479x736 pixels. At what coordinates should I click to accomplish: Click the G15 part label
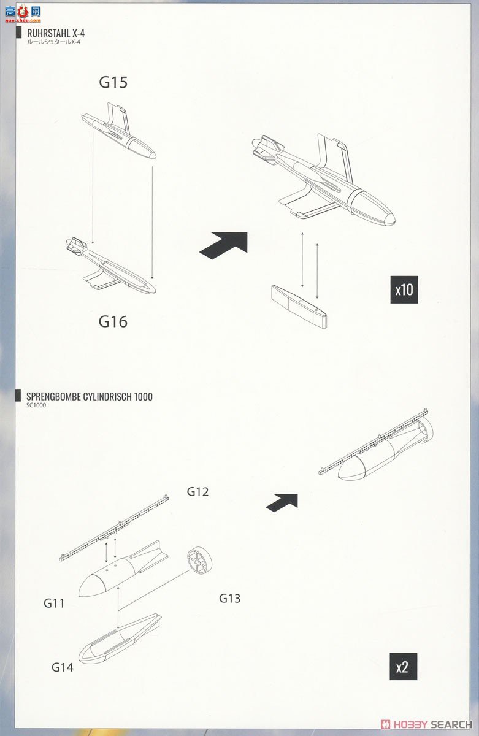tap(113, 82)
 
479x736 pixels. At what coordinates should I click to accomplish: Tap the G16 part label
tap(113, 321)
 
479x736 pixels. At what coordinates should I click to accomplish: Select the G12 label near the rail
tap(198, 491)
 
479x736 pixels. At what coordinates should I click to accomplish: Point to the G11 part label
tap(54, 603)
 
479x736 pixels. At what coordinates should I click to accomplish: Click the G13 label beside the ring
tap(230, 598)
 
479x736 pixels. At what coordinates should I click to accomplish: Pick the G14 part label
tap(63, 667)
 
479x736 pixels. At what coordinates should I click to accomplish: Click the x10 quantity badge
tap(404, 289)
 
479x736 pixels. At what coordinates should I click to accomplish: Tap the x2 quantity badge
tap(402, 667)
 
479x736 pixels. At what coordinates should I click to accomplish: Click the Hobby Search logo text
tap(427, 724)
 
